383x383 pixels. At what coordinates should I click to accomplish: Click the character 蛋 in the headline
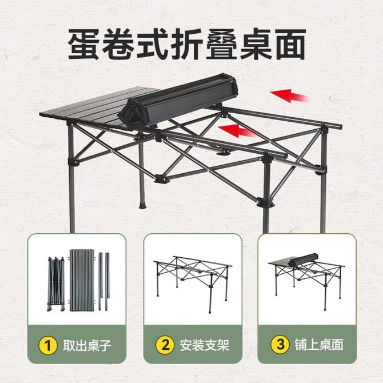[84, 44]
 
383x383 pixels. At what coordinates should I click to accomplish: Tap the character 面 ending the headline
[290, 44]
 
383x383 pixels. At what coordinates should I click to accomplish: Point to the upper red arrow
[289, 95]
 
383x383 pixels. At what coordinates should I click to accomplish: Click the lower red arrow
[237, 130]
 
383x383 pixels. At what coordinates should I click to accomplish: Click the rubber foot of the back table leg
[143, 205]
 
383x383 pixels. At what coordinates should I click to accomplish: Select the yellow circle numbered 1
[48, 345]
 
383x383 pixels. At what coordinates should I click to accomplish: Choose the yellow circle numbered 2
[165, 345]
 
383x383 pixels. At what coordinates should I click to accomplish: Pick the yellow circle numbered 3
[280, 344]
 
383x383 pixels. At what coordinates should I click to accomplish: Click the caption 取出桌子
[87, 345]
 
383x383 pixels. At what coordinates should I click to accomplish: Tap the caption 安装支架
[205, 345]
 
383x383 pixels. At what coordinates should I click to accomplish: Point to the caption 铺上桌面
[319, 345]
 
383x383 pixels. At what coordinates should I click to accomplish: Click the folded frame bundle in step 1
[56, 284]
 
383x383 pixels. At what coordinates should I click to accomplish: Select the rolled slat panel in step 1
[82, 280]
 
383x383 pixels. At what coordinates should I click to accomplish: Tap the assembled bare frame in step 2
[193, 284]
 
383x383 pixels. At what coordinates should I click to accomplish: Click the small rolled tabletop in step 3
[304, 260]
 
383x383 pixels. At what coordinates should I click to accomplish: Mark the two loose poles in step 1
[104, 281]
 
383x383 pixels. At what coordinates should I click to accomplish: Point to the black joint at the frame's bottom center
[161, 179]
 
